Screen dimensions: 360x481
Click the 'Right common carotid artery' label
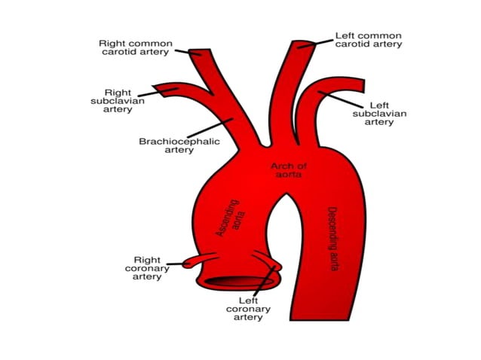coord(136,48)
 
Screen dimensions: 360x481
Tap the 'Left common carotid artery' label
coord(368,39)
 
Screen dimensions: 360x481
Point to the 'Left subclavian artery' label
coord(379,114)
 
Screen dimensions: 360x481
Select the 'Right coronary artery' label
coord(142,268)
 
